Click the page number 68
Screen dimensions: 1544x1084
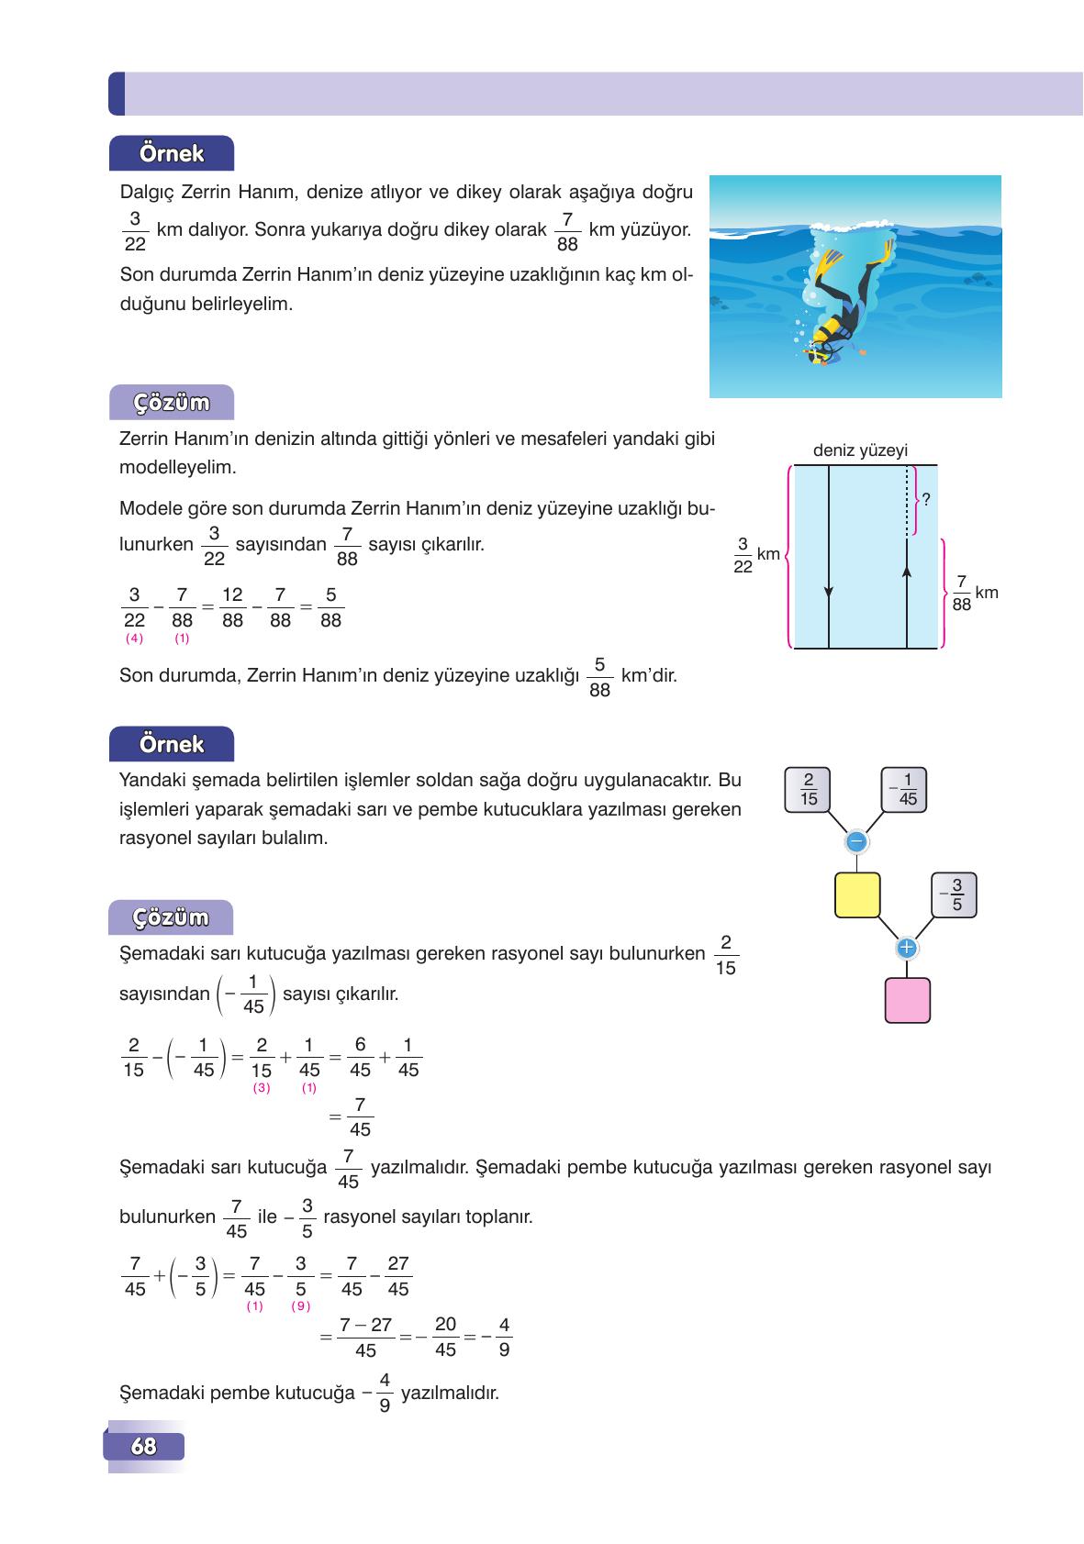pyautogui.click(x=144, y=1447)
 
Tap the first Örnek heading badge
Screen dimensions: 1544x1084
pyautogui.click(x=172, y=153)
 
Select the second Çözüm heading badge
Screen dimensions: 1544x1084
pyautogui.click(x=172, y=917)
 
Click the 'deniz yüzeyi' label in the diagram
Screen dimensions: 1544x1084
pyautogui.click(x=860, y=450)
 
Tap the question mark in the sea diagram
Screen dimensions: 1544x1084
pyautogui.click(x=927, y=500)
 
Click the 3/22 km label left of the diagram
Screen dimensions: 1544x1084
pyautogui.click(x=755, y=555)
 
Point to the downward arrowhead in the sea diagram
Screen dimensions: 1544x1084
pyautogui.click(x=829, y=592)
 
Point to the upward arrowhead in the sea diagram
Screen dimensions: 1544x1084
pyautogui.click(x=907, y=571)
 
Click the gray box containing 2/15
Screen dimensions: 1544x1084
pyautogui.click(x=808, y=790)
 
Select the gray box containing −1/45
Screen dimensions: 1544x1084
pyautogui.click(x=904, y=790)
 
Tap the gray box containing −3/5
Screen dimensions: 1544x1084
pyautogui.click(x=954, y=894)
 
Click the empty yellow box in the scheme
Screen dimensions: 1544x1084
pyautogui.click(x=857, y=895)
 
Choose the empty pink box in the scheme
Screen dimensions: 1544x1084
pyautogui.click(x=907, y=1000)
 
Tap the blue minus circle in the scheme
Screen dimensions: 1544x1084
pyautogui.click(x=856, y=840)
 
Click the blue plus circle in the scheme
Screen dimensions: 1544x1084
pyautogui.click(x=907, y=947)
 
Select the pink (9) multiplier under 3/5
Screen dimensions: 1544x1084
pyautogui.click(x=300, y=1305)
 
